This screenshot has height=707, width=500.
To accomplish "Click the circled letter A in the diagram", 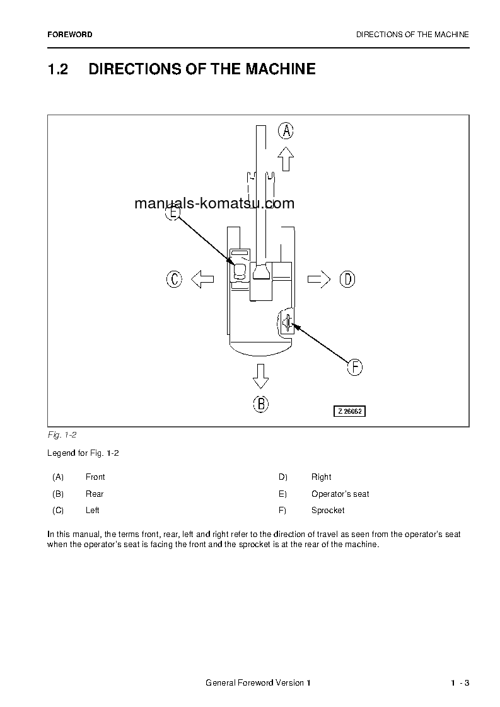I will click(x=286, y=131).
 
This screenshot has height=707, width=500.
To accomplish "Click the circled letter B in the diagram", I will click(x=261, y=404).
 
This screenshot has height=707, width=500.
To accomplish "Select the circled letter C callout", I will click(x=174, y=279).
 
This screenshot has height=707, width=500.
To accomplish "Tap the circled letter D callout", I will click(x=347, y=279).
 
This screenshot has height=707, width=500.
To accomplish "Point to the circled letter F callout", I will click(x=355, y=367).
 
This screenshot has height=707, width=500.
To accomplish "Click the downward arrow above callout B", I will click(x=260, y=376).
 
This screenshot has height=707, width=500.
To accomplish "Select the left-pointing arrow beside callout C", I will click(x=202, y=279).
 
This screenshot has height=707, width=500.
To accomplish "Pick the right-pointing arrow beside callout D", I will click(x=319, y=279).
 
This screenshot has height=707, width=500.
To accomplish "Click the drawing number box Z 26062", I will click(x=350, y=411).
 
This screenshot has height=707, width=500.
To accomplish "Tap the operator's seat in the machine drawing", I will click(x=240, y=271).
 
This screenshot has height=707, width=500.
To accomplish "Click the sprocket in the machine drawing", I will click(x=287, y=323).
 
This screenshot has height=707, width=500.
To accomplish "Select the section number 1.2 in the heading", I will click(x=58, y=69).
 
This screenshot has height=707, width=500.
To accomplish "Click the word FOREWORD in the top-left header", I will click(x=69, y=35).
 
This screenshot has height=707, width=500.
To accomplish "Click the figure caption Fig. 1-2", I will click(x=62, y=435).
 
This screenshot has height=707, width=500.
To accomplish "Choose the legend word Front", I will click(x=95, y=477).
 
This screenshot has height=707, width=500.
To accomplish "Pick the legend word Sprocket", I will click(x=328, y=511).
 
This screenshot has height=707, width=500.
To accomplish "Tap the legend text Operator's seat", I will click(x=340, y=494).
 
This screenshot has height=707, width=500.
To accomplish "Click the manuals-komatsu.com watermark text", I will click(x=214, y=203).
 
